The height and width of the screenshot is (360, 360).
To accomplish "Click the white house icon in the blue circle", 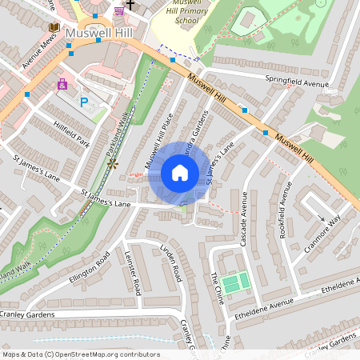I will pyautogui.click(x=179, y=173).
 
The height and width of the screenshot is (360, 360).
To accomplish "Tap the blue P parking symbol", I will pyautogui.click(x=85, y=102).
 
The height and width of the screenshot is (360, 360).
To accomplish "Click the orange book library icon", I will pyautogui.click(x=54, y=27).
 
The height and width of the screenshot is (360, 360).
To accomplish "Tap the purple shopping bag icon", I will pyautogui.click(x=62, y=83).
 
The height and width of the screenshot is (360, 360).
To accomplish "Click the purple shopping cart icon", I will pyautogui.click(x=119, y=11).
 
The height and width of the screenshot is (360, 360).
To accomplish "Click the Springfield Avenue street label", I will pyautogui.click(x=297, y=82).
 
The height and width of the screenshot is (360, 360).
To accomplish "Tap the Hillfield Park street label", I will pyautogui.click(x=71, y=133).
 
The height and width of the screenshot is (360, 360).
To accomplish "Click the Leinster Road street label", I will pyautogui.click(x=133, y=274).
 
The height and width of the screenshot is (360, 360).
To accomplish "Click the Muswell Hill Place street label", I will pyautogui.click(x=158, y=142).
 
